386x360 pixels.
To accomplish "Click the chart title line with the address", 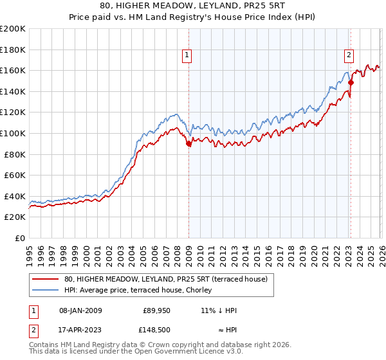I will point(193,5).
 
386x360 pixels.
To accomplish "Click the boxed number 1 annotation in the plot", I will point(187,56).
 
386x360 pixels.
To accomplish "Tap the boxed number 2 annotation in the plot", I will point(349,56).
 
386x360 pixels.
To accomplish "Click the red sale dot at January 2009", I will point(188,145).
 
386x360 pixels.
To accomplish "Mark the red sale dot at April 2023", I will point(351,82).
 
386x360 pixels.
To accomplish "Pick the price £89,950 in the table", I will point(156,310).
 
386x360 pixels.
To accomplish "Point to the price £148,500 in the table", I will point(156,329).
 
